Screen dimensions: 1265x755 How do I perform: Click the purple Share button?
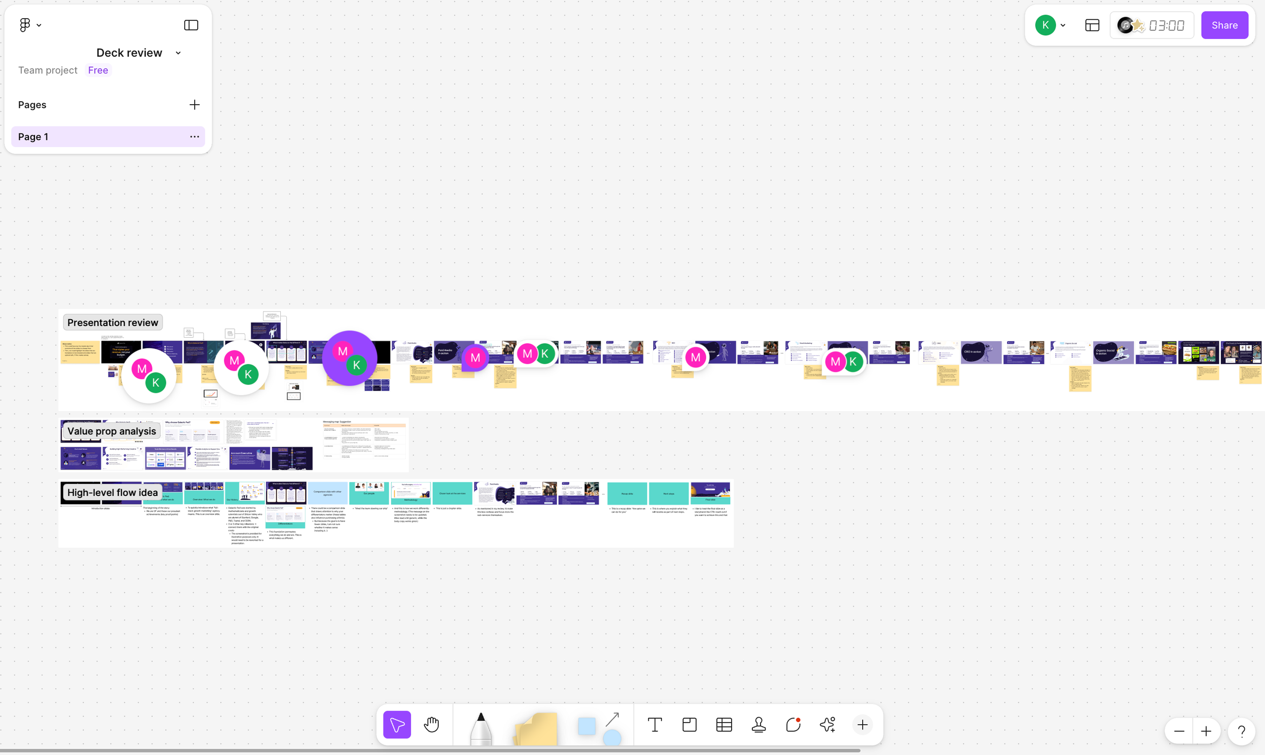(x=1225, y=25)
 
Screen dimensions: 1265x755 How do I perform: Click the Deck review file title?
(x=130, y=53)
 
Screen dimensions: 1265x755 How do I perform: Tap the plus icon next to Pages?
(x=194, y=105)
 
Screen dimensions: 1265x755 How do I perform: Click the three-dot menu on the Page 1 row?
(x=194, y=137)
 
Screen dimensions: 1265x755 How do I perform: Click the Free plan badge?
(x=98, y=70)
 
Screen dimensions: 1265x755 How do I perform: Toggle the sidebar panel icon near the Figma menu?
(x=191, y=25)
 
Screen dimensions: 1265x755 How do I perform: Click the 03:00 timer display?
(x=1166, y=25)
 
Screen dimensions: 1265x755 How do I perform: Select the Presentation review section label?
(x=112, y=323)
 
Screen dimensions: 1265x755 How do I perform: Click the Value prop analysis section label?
(x=111, y=431)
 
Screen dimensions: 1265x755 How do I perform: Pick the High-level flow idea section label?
(x=112, y=493)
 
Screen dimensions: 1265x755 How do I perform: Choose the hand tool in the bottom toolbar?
(x=431, y=725)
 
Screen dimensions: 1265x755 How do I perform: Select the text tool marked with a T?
(x=655, y=725)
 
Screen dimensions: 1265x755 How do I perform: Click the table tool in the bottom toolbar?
(x=724, y=725)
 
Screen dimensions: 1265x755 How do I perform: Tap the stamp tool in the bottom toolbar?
(x=758, y=725)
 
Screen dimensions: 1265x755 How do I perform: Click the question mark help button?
(x=1242, y=732)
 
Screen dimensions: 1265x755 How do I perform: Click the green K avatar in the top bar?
(x=1045, y=25)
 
